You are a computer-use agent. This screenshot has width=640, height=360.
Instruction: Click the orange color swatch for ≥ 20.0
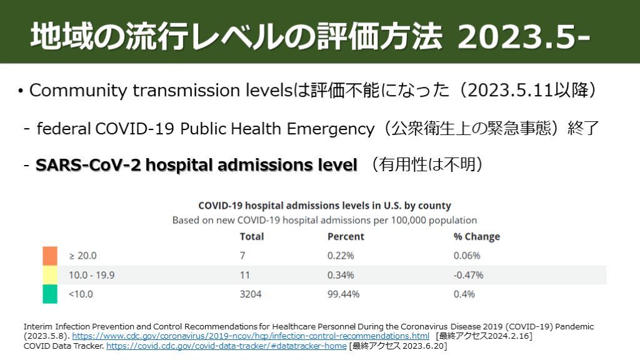(x=50, y=256)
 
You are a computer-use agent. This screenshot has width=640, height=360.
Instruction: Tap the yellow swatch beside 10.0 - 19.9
(x=50, y=275)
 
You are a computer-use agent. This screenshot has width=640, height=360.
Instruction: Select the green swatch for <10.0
(x=50, y=294)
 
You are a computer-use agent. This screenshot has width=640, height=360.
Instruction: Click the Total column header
(x=252, y=237)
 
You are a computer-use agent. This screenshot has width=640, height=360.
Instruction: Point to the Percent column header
(x=346, y=237)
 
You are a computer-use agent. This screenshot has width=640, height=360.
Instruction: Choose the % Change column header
(x=476, y=237)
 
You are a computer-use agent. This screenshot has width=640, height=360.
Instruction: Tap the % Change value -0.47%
(x=468, y=275)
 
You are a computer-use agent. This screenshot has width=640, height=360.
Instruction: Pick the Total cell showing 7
(x=242, y=256)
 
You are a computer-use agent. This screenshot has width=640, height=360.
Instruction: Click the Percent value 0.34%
(x=341, y=275)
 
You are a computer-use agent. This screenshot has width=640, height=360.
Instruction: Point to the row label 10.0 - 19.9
(x=91, y=275)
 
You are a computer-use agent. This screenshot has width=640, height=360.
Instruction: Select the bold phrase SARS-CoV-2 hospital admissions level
(x=196, y=165)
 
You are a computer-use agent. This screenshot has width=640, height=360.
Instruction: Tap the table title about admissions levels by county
(x=324, y=206)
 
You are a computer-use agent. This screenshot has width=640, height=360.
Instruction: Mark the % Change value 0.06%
(x=467, y=256)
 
